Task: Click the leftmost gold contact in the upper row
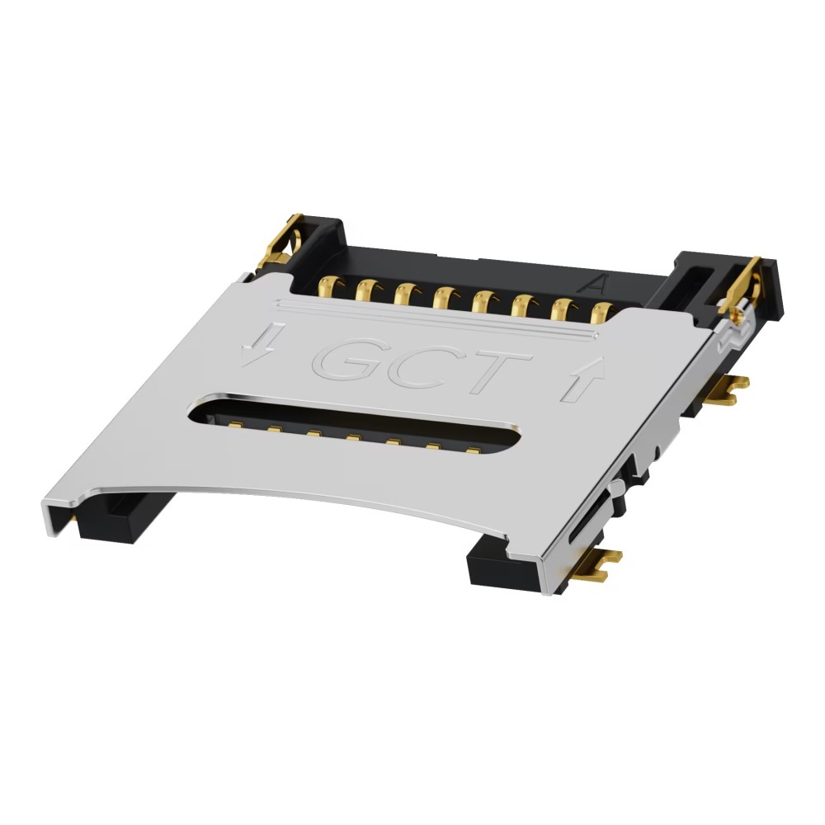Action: coord(329,288)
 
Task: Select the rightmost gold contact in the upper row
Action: coord(601,311)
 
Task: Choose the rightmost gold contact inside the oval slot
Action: coord(473,450)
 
